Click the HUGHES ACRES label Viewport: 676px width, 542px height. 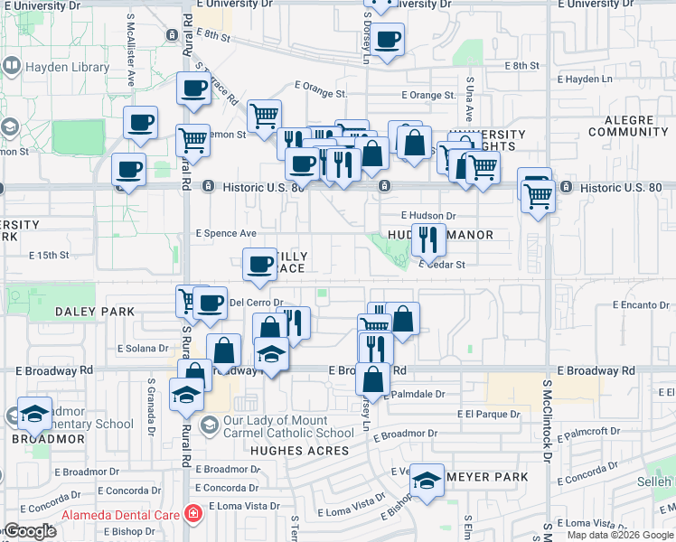(x=300, y=450)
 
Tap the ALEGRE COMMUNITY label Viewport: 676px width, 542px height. (x=627, y=125)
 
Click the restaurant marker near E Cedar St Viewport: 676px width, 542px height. (x=427, y=239)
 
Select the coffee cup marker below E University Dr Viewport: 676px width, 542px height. (x=388, y=40)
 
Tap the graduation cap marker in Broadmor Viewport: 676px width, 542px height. (x=34, y=414)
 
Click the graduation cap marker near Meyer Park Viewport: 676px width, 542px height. (x=426, y=480)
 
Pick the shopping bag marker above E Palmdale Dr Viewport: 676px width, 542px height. (x=372, y=379)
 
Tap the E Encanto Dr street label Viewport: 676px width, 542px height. (x=640, y=305)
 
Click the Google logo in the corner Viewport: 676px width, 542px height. (x=30, y=531)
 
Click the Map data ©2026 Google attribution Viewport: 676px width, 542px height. (x=621, y=535)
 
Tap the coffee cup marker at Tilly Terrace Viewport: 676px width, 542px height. (x=259, y=265)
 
